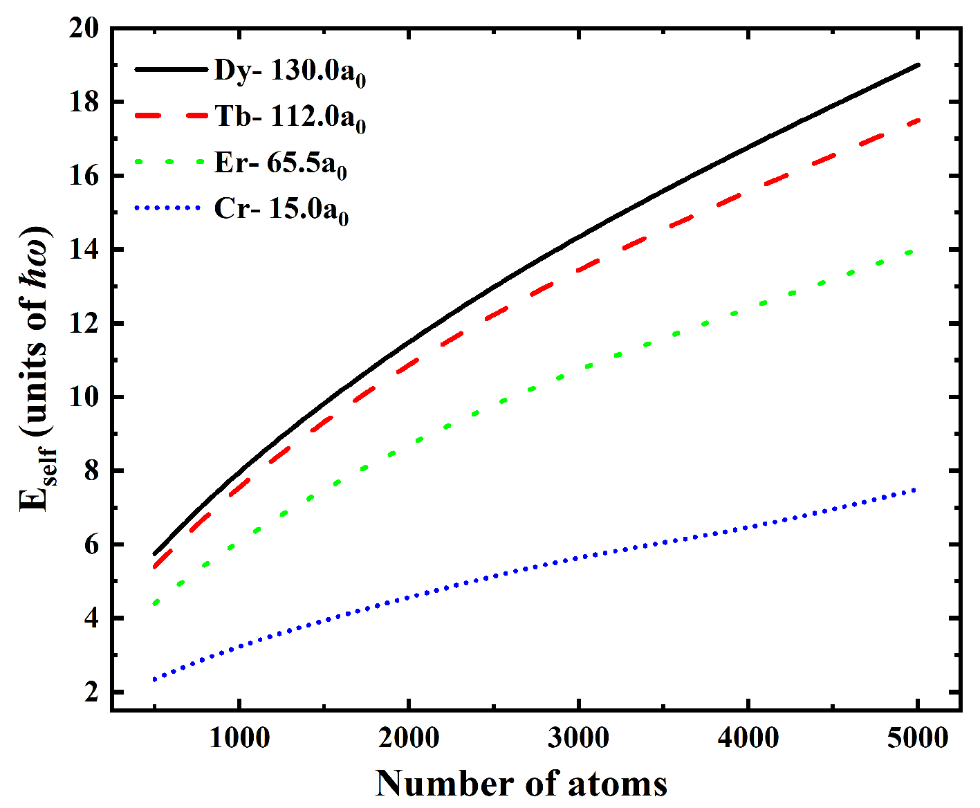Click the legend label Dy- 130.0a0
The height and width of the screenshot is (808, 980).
pyautogui.click(x=290, y=71)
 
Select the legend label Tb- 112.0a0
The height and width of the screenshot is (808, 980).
pyautogui.click(x=290, y=117)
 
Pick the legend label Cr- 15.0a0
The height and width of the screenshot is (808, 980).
pyautogui.click(x=281, y=209)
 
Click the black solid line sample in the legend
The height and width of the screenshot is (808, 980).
pyautogui.click(x=171, y=69)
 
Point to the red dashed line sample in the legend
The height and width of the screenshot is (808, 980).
pyautogui.click(x=171, y=116)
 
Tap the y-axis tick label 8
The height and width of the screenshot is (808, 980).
pyautogui.click(x=92, y=471)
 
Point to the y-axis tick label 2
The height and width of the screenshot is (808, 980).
pyautogui.click(x=92, y=692)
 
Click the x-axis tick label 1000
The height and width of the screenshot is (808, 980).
pyautogui.click(x=239, y=738)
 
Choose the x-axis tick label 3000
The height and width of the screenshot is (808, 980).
pyautogui.click(x=579, y=738)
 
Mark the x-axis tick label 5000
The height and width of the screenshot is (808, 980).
pyautogui.click(x=918, y=738)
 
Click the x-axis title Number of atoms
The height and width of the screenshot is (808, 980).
pyautogui.click(x=521, y=784)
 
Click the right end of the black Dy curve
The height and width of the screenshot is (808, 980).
pyautogui.click(x=918, y=65)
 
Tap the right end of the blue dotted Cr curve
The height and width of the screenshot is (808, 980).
pyautogui.click(x=916, y=490)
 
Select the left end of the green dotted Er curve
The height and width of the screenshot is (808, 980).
pyautogui.click(x=156, y=603)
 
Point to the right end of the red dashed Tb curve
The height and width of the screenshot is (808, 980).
pyautogui.click(x=918, y=120)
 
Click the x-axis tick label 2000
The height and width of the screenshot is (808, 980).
pyautogui.click(x=409, y=738)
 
